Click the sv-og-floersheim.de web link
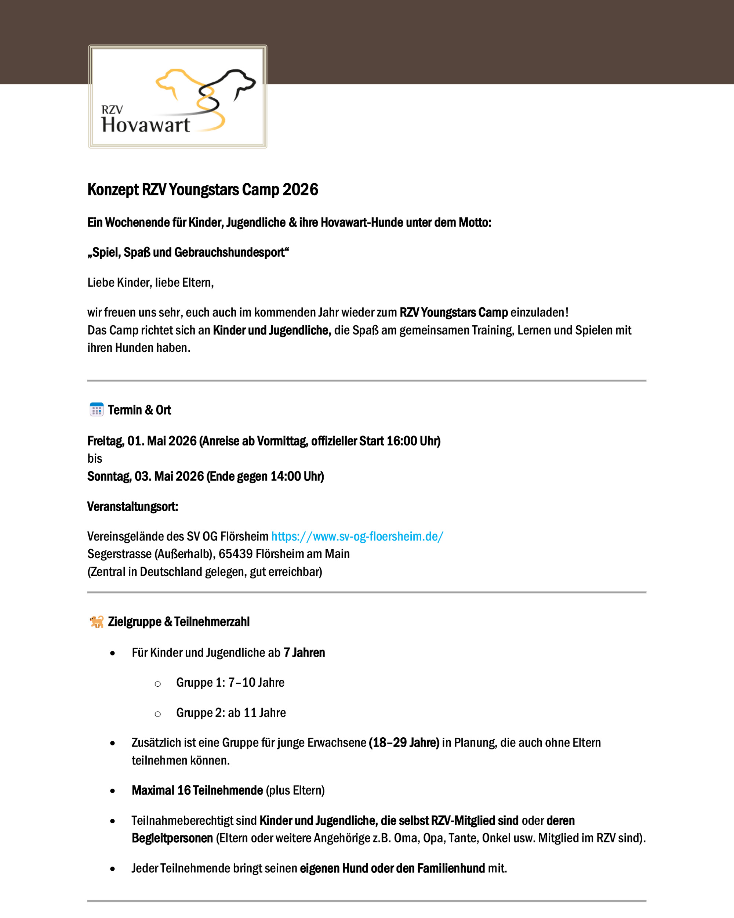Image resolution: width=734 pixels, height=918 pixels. (x=357, y=536)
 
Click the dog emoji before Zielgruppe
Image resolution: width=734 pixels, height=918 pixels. (x=97, y=622)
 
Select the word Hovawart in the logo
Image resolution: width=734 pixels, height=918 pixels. (x=146, y=125)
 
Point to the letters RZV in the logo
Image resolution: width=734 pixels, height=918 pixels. (x=112, y=110)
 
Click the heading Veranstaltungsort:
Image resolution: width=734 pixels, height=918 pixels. (x=132, y=506)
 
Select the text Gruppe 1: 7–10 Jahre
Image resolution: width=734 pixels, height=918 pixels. (x=230, y=683)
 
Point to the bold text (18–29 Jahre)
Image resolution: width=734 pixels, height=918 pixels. (x=404, y=742)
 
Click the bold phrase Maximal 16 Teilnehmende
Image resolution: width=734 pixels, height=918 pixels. (x=197, y=790)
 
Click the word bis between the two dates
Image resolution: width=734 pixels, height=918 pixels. (x=94, y=459)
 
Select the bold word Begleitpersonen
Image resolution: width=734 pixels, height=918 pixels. (x=172, y=838)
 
